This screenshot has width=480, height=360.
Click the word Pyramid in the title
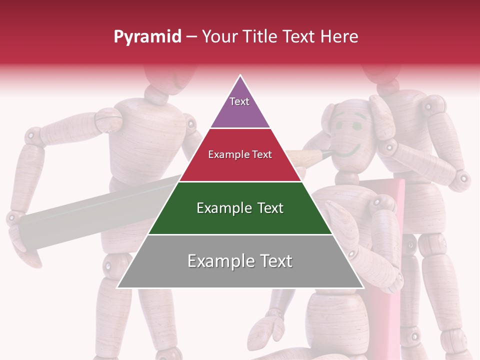tap(147, 37)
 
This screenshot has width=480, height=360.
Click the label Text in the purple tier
tap(239, 101)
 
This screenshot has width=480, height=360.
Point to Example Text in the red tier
tap(240, 154)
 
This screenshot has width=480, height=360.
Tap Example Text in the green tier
tap(240, 208)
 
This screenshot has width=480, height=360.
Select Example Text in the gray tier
tap(240, 261)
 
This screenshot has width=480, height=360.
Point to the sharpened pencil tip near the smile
tap(327, 154)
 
